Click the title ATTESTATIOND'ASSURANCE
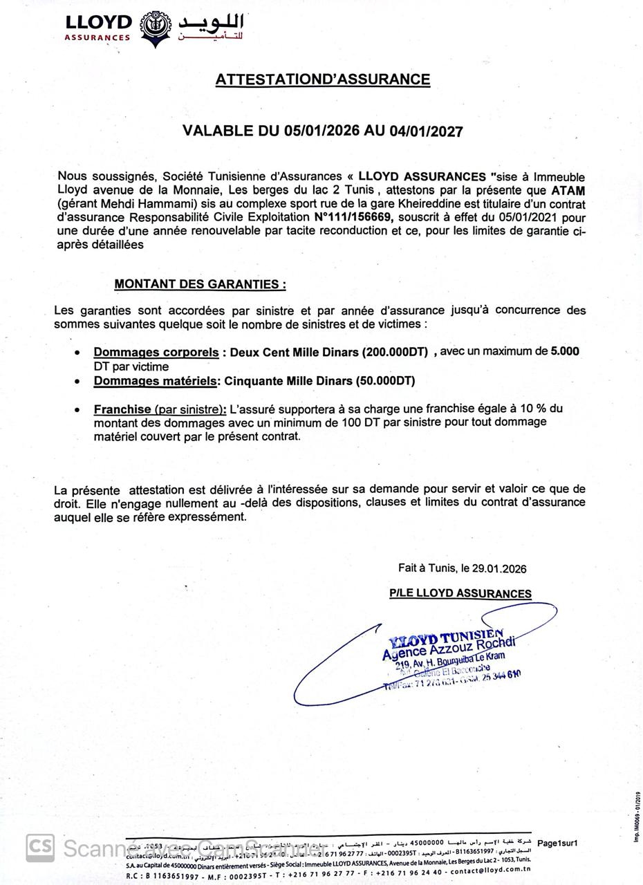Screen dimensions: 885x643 pyautogui.click(x=322, y=80)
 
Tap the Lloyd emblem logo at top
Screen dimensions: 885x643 pyautogui.click(x=156, y=27)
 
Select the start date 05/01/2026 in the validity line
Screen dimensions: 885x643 pyautogui.click(x=321, y=131)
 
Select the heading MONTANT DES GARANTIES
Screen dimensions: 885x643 pyautogui.click(x=200, y=284)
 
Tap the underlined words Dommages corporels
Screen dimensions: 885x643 pyautogui.click(x=156, y=352)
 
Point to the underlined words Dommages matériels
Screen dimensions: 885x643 pyautogui.click(x=156, y=381)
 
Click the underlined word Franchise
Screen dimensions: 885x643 pyautogui.click(x=122, y=409)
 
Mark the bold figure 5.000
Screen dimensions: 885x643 pyautogui.click(x=565, y=351)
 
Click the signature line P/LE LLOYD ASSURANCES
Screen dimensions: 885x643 pyautogui.click(x=460, y=593)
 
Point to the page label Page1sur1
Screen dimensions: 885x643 pyautogui.click(x=557, y=844)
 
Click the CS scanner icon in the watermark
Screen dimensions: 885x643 pyautogui.click(x=40, y=848)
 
